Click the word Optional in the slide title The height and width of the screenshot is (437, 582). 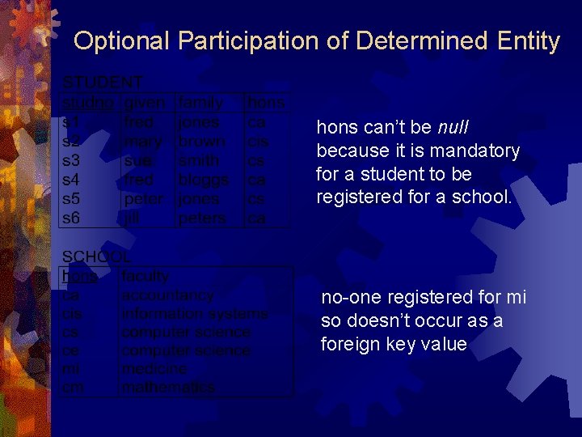(x=122, y=40)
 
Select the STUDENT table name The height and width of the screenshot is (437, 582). (x=103, y=83)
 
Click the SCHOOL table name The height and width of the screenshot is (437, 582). (x=97, y=257)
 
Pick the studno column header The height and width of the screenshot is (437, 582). (x=88, y=103)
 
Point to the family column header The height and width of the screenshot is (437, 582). (x=200, y=103)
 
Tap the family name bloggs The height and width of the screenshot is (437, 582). (x=204, y=179)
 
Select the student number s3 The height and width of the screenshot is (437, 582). (x=71, y=160)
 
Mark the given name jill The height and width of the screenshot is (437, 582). (x=131, y=217)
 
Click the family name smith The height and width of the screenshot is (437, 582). (x=198, y=160)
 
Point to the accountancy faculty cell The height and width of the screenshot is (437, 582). (x=167, y=295)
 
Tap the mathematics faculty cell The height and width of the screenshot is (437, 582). (x=168, y=388)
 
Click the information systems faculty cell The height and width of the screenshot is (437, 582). (x=194, y=314)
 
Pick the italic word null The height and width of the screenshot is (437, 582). (x=453, y=128)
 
